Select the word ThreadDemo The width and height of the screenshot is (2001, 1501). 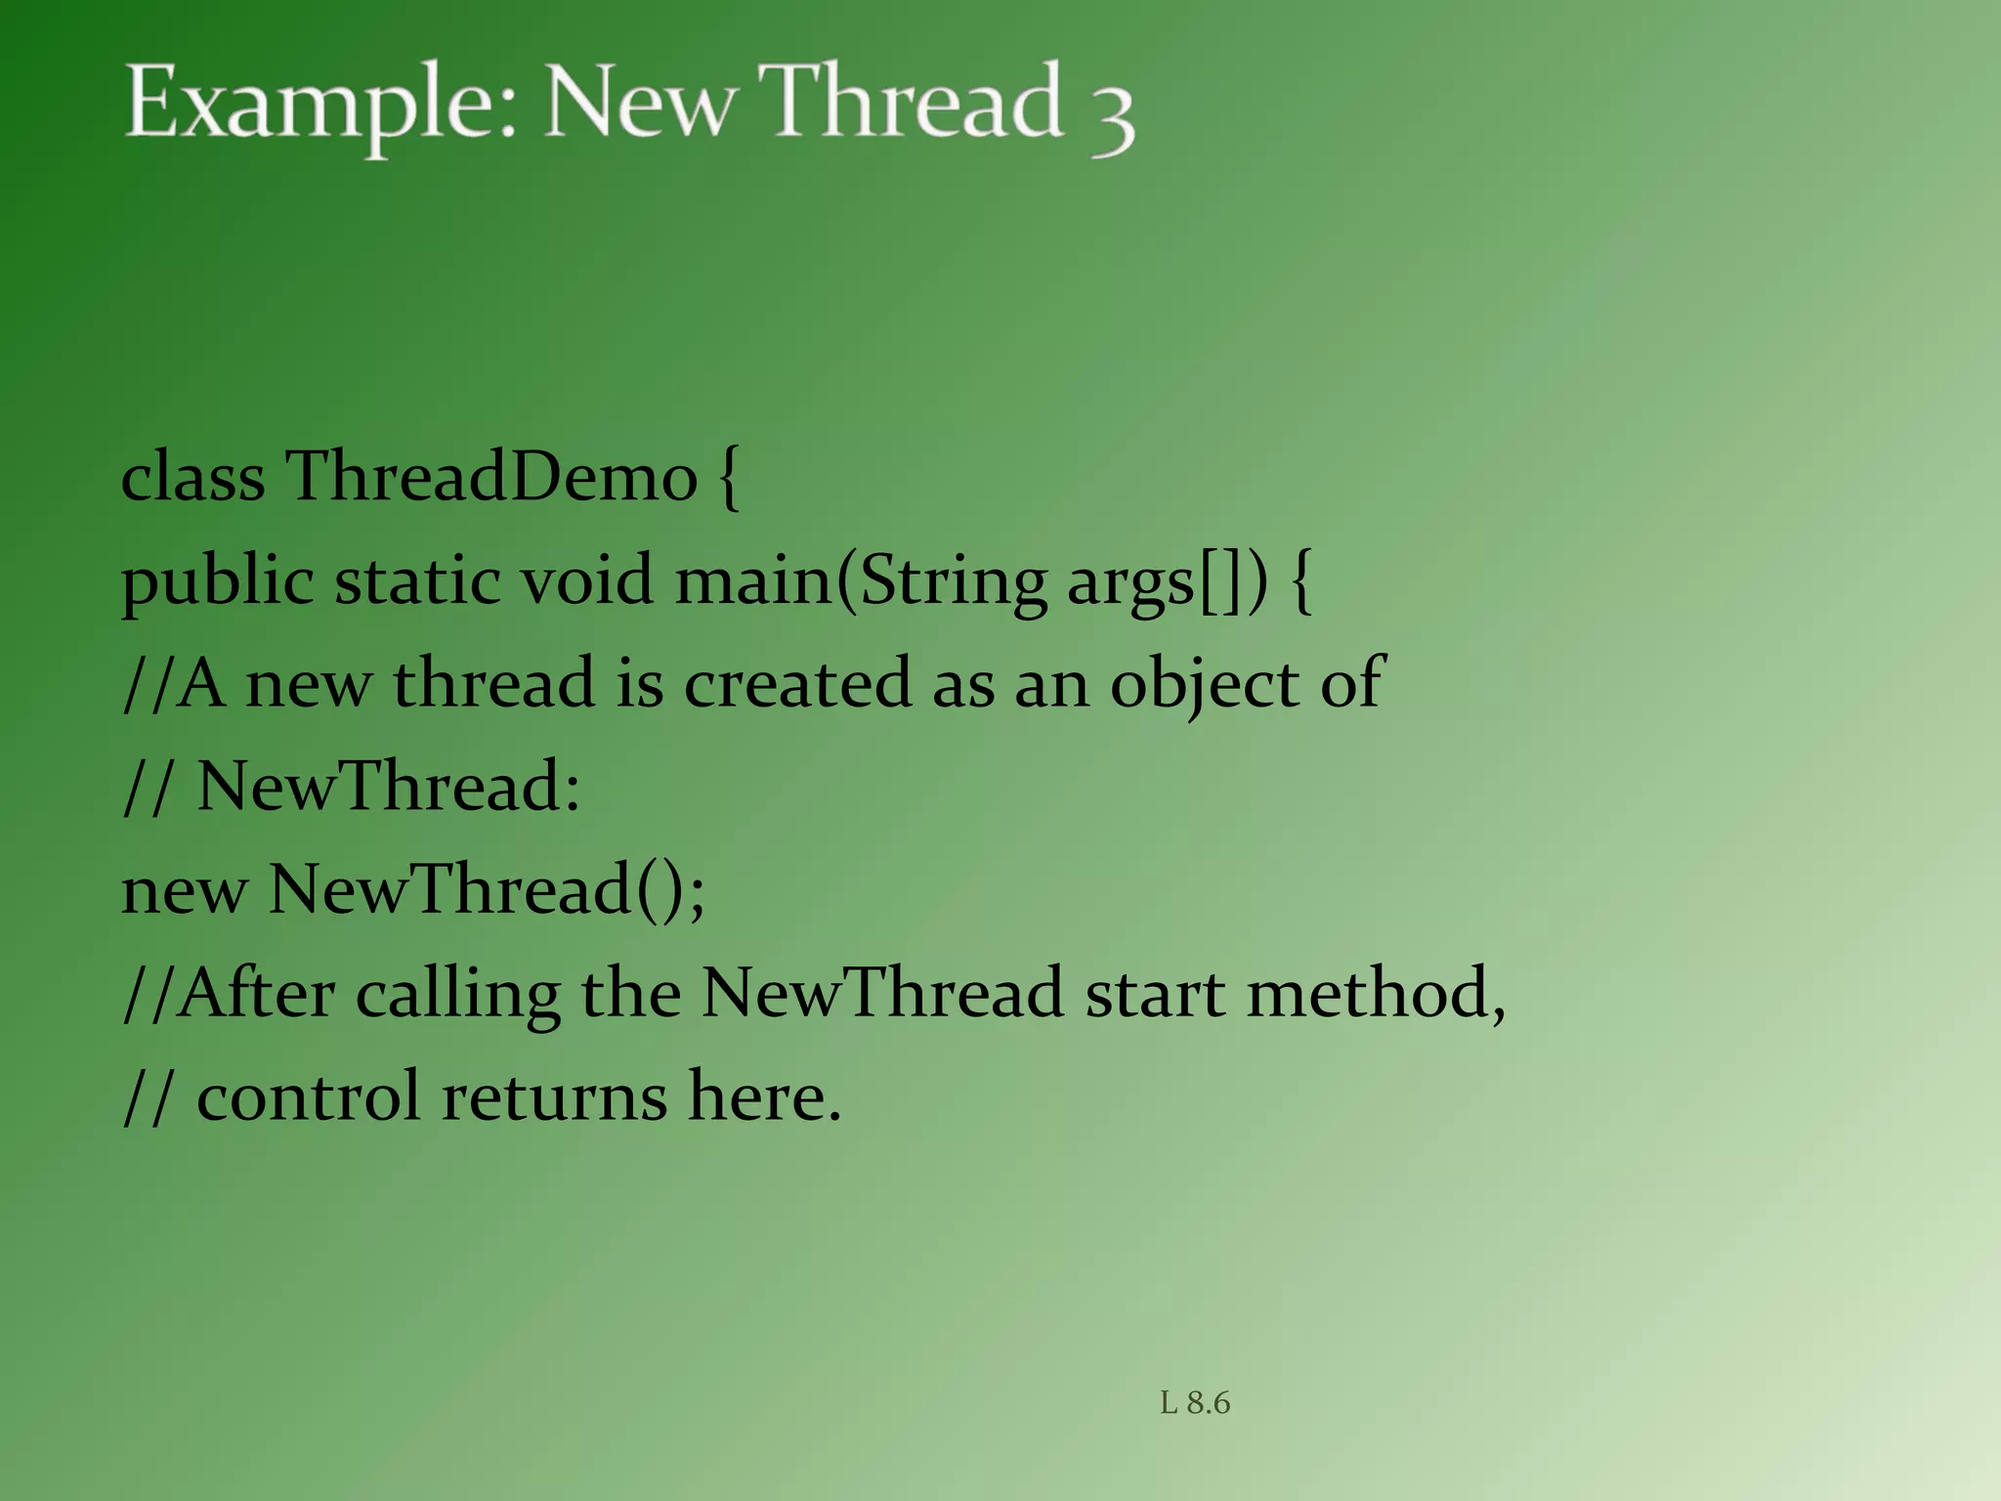[491, 478]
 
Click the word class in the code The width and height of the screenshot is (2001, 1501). [192, 478]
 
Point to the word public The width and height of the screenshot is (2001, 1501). [217, 583]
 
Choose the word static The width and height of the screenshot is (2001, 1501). [417, 581]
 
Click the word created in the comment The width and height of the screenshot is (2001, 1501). [797, 683]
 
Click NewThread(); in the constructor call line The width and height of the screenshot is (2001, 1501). [486, 890]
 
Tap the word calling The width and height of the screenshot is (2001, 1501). [457, 996]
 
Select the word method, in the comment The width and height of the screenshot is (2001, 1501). [1376, 994]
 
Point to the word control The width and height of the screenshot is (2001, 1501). [308, 1096]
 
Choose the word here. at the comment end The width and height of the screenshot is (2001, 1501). [764, 1096]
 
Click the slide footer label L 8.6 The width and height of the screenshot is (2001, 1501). [1195, 1403]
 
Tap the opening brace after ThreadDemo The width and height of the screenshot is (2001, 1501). [729, 479]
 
